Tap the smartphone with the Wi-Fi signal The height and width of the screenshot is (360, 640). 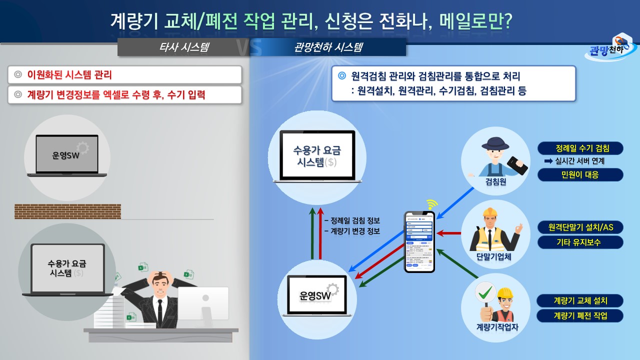419,241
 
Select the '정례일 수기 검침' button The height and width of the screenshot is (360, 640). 580,148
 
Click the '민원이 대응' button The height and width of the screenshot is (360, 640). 580,175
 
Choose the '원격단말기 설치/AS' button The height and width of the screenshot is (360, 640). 580,227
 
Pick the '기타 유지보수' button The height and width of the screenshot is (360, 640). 580,242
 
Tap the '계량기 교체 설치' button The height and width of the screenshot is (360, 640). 580,301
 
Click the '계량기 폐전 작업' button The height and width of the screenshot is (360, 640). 580,316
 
